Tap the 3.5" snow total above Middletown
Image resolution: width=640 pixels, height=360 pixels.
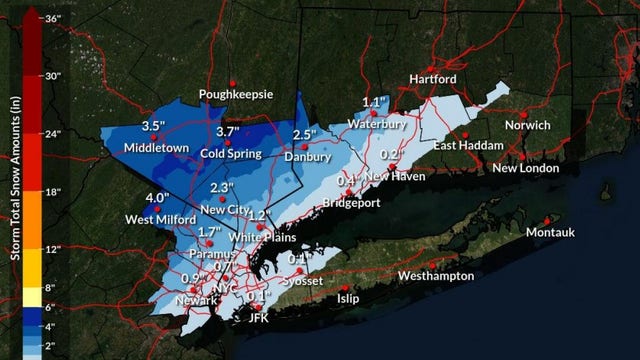(154, 126)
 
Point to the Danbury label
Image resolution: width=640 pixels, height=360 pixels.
(306, 158)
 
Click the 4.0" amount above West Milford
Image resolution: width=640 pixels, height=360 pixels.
(156, 198)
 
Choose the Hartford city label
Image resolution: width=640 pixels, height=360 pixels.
(433, 79)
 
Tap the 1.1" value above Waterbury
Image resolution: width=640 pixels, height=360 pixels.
(375, 102)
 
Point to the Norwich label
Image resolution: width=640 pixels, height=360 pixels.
(527, 125)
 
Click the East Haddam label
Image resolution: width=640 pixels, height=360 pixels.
(465, 147)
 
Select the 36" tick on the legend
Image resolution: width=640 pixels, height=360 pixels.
(52, 17)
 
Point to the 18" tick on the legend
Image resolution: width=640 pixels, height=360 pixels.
(52, 191)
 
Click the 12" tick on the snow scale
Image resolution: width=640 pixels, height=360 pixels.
(52, 249)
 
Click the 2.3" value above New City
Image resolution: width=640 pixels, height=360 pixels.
(222, 188)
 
